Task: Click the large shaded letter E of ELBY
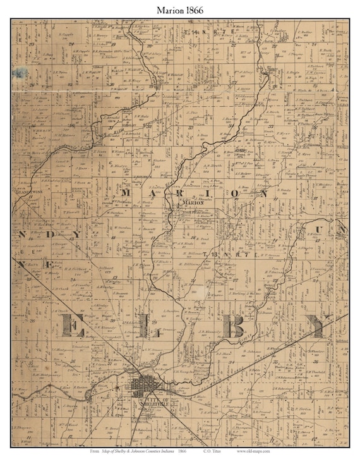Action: coord(73,326)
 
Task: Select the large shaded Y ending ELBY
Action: coord(316,325)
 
